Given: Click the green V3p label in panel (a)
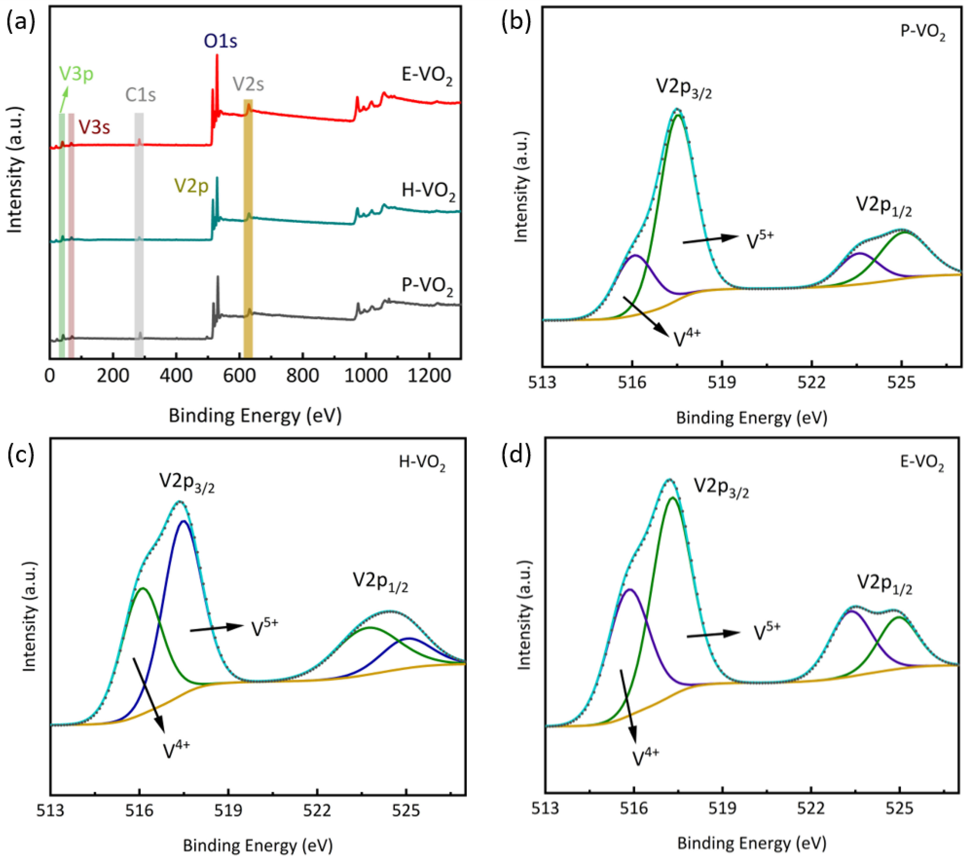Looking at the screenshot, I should click(76, 74).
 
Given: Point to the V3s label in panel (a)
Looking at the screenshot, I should click(94, 127).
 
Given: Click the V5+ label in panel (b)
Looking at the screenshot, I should click(760, 240).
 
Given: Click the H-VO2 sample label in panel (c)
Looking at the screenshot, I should click(422, 462).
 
